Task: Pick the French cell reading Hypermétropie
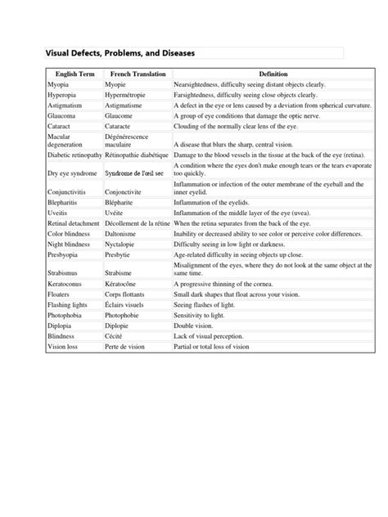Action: pyautogui.click(x=130, y=95)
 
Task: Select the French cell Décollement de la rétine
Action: pyautogui.click(x=138, y=223)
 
